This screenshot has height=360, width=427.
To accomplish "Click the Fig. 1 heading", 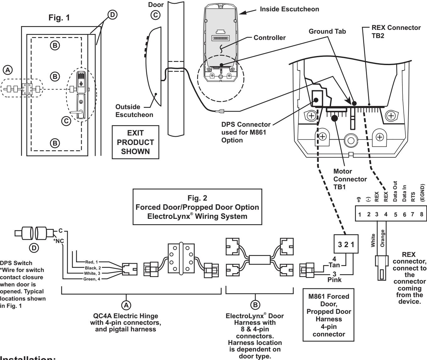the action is (59, 18).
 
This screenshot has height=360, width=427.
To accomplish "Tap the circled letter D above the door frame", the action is (112, 15).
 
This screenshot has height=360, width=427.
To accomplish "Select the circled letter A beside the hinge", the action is (8, 70).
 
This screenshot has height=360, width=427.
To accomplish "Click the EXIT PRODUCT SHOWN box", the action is (136, 142).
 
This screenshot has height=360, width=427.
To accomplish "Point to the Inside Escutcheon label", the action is (289, 9).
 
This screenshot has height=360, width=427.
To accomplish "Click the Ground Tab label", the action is (327, 31).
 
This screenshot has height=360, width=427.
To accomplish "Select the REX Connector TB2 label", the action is (396, 32).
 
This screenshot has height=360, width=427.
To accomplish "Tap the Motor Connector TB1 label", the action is (350, 179).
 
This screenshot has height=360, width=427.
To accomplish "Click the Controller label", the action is (269, 38).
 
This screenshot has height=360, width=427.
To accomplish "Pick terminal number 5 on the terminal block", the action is (395, 214).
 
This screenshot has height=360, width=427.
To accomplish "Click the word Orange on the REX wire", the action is (382, 238).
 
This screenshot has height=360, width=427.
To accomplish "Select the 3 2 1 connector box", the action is (346, 244).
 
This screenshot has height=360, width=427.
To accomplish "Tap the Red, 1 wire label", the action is (91, 262).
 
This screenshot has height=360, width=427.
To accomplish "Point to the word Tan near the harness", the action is (334, 265).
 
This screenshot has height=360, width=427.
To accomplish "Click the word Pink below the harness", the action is (334, 280).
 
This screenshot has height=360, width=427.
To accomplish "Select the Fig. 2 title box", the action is (197, 207).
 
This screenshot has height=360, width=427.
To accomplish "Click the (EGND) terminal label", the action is (422, 193).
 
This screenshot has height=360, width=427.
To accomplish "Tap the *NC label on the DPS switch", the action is (58, 241).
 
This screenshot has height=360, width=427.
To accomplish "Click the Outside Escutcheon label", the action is (134, 111).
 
